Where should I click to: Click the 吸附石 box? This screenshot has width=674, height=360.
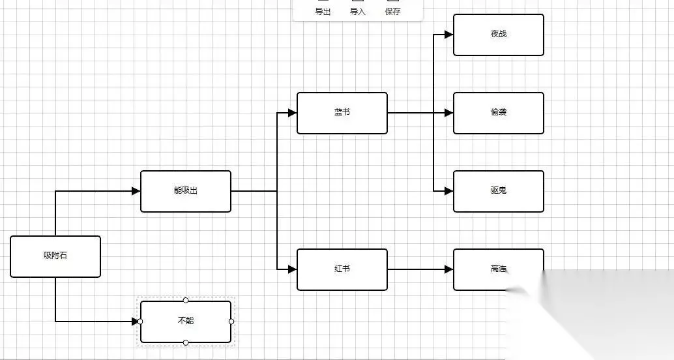coord(55,256)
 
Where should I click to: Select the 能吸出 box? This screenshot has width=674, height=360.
coord(186,191)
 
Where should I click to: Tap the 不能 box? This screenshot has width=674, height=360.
coord(186,322)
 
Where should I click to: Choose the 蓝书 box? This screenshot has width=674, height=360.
coord(342,113)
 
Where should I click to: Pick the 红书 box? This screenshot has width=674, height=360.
coord(342,269)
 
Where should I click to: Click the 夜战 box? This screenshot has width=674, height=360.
coord(499,35)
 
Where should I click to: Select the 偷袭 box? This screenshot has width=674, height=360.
coord(499,113)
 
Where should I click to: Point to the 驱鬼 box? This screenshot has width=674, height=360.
coord(499,191)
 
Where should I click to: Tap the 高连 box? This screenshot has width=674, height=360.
coord(499,269)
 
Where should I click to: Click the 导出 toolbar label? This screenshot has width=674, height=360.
coord(323,11)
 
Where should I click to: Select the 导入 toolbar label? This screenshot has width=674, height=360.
coord(358,11)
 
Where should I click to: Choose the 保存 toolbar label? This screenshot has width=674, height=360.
coord(393,11)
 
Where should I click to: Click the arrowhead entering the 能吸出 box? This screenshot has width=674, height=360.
coord(136,191)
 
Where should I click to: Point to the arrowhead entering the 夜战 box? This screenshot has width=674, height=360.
coord(448,35)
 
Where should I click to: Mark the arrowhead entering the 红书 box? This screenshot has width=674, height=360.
coord(292,269)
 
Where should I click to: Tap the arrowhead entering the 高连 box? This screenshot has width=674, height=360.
coord(448,269)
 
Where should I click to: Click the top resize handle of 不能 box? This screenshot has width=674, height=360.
coord(186,300)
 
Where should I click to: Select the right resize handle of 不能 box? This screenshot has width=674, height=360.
coord(231,322)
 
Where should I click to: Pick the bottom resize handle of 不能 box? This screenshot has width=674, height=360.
coord(186,342)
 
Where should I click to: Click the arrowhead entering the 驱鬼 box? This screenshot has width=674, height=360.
coord(448,191)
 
